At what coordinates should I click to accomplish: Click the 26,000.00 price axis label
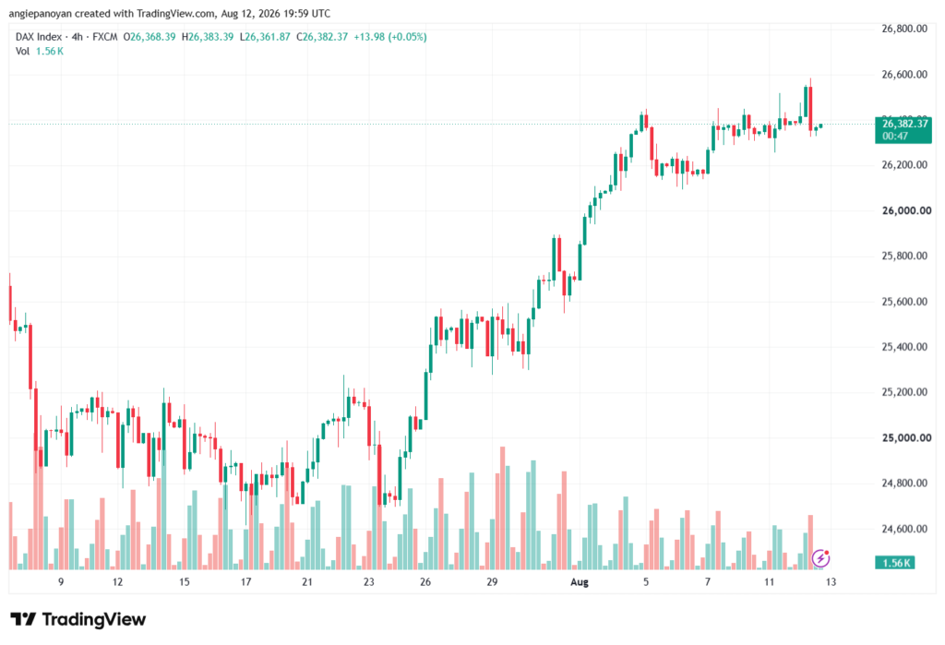pyautogui.click(x=906, y=210)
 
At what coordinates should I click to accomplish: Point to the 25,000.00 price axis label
pyautogui.click(x=906, y=437)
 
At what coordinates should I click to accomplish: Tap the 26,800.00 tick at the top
pyautogui.click(x=904, y=29)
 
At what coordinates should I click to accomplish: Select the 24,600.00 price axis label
pyautogui.click(x=904, y=529)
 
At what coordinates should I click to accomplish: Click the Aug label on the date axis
pyautogui.click(x=580, y=581)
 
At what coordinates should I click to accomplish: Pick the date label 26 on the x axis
pyautogui.click(x=425, y=581)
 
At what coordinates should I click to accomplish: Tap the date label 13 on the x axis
pyautogui.click(x=831, y=581)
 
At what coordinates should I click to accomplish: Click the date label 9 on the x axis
pyautogui.click(x=61, y=581)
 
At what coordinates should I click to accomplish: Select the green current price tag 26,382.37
pyautogui.click(x=903, y=129)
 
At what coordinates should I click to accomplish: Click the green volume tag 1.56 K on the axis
pyautogui.click(x=895, y=563)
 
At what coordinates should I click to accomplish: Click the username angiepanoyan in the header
pyautogui.click(x=41, y=13)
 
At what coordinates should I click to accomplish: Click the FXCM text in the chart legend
pyautogui.click(x=105, y=37)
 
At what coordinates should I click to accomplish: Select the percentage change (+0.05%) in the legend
pyautogui.click(x=407, y=37)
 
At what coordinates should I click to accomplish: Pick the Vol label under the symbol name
pyautogui.click(x=22, y=52)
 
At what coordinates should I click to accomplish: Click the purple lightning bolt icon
pyautogui.click(x=820, y=558)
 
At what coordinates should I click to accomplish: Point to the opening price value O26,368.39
pyautogui.click(x=150, y=37)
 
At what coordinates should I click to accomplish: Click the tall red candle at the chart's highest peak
pyautogui.click(x=810, y=108)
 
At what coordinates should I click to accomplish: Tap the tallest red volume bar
pyautogui.click(x=502, y=508)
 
